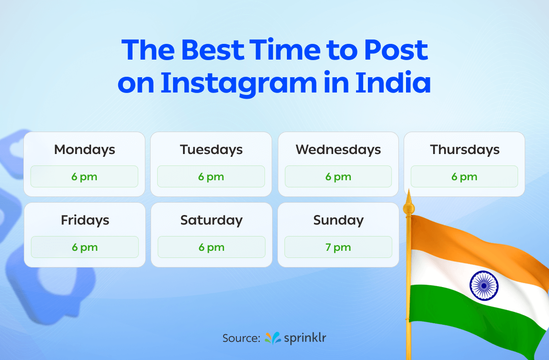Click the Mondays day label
click(x=84, y=150)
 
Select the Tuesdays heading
click(x=211, y=150)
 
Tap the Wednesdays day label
click(x=338, y=150)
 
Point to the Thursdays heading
click(x=465, y=150)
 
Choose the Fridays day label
click(x=85, y=220)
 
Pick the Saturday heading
click(x=211, y=220)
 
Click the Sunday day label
click(x=338, y=220)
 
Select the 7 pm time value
click(x=338, y=247)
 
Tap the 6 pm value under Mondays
click(x=84, y=177)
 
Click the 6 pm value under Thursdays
click(x=465, y=177)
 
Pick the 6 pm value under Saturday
click(x=211, y=247)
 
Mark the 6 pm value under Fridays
click(x=85, y=247)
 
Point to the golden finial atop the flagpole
click(x=407, y=205)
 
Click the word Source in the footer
click(x=241, y=338)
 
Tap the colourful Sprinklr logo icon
click(x=273, y=338)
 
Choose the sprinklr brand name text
click(x=305, y=338)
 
